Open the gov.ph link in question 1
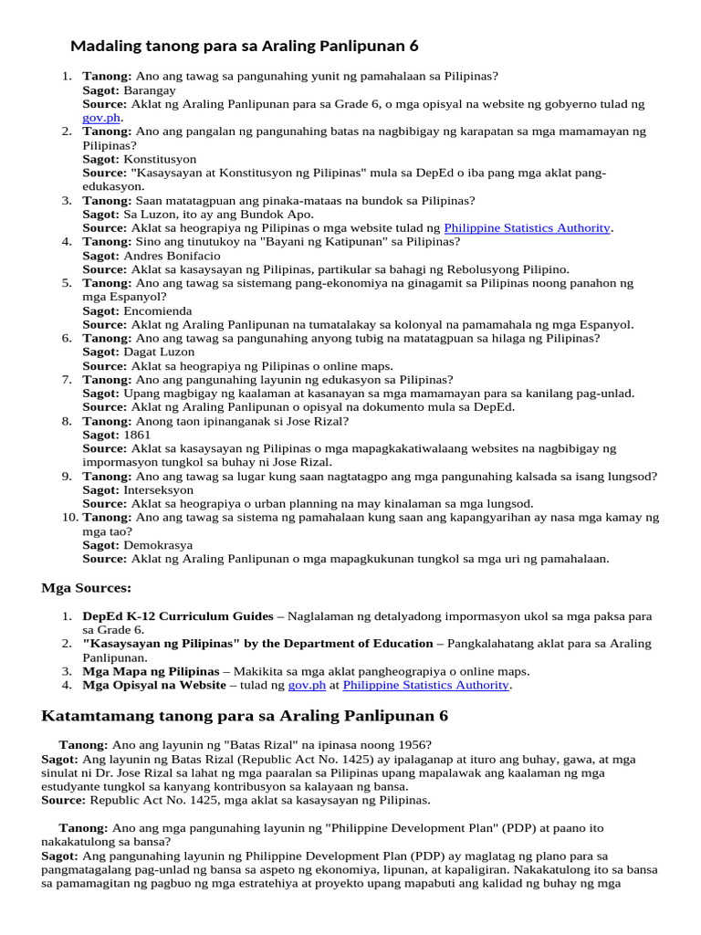pyautogui.click(x=101, y=118)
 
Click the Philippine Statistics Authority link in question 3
pyautogui.click(x=528, y=227)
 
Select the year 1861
pyautogui.click(x=137, y=435)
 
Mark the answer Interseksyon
pyautogui.click(x=160, y=489)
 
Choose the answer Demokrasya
pyautogui.click(x=159, y=545)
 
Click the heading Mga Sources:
pyautogui.click(x=87, y=587)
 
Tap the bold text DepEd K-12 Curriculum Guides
pyautogui.click(x=178, y=615)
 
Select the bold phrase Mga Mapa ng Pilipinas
pyautogui.click(x=152, y=671)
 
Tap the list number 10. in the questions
pyautogui.click(x=70, y=517)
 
